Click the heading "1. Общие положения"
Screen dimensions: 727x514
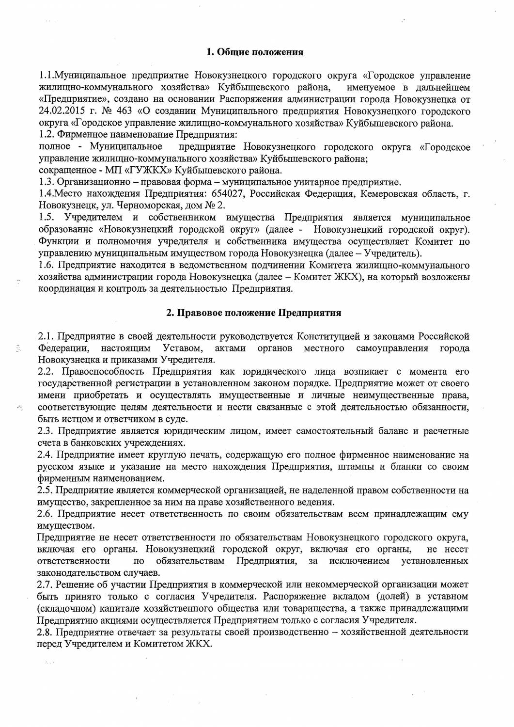pos(255,52)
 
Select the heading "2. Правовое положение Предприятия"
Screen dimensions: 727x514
pos(254,313)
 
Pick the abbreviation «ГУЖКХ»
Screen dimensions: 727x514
pos(142,170)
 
